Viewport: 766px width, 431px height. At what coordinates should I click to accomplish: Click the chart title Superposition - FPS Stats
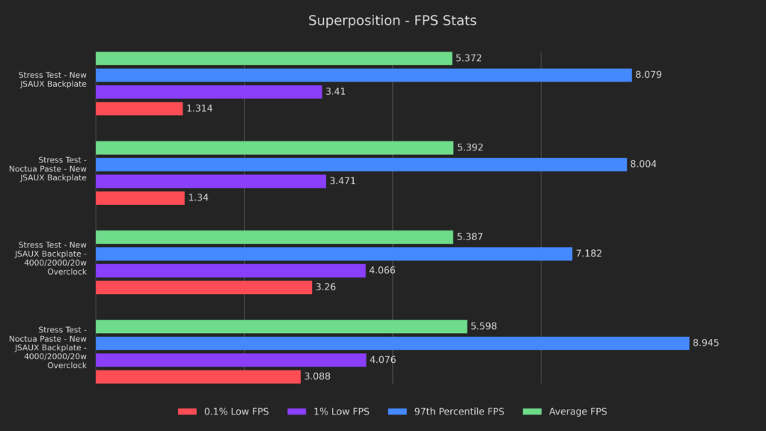(392, 21)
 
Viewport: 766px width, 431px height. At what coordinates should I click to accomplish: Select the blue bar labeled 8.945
(392, 343)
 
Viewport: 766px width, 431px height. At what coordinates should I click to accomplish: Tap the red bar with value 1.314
(139, 108)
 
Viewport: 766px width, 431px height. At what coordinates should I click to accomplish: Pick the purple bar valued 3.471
(211, 181)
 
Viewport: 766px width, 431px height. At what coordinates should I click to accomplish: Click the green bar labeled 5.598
(281, 326)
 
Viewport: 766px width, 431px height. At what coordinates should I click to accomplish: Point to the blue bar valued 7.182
(334, 254)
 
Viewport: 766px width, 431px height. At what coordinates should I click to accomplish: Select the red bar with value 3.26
(203, 287)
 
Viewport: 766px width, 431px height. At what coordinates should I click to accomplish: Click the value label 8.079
(649, 75)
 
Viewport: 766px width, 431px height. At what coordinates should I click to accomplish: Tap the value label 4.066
(382, 271)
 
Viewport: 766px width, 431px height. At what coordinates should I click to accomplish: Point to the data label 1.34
(198, 198)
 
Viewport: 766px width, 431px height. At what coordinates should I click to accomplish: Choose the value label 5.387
(470, 237)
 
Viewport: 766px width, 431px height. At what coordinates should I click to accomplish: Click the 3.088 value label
(318, 377)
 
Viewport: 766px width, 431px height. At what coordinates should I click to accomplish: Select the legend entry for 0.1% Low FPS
(223, 412)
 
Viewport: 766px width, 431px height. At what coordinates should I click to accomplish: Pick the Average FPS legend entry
(568, 412)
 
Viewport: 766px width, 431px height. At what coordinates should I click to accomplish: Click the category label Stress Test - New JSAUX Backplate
(52, 79)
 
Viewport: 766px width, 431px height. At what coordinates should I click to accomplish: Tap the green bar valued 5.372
(274, 58)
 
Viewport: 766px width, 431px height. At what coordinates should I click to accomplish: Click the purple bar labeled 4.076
(230, 360)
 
